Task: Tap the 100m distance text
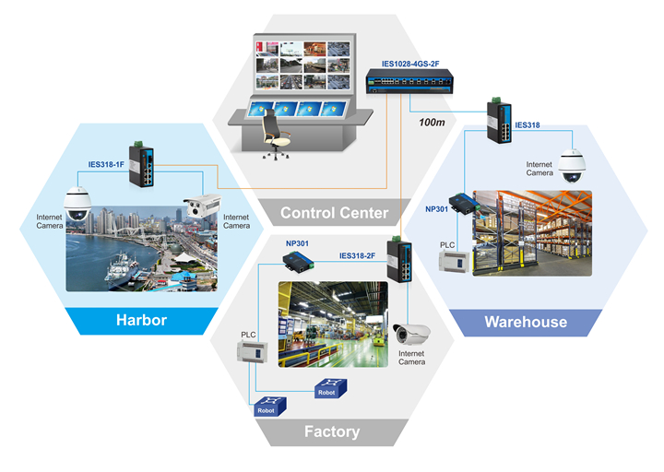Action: point(432,122)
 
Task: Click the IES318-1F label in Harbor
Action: point(107,164)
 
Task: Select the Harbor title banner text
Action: point(140,322)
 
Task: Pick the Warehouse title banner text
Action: point(526,322)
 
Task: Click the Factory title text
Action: point(332,431)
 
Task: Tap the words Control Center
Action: point(334,213)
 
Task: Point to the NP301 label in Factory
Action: point(298,243)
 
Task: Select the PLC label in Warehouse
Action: point(446,244)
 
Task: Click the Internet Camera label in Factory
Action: point(411,357)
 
